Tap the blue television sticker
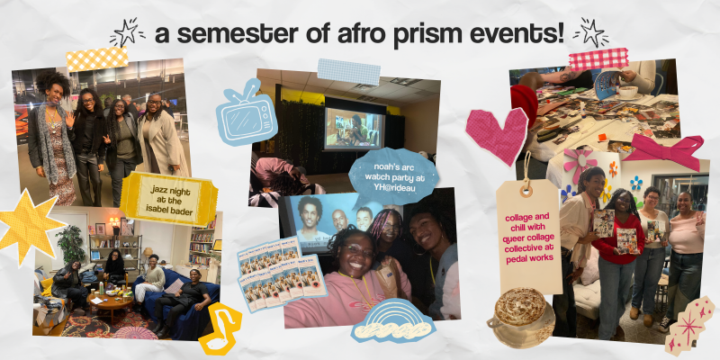pos(246,113)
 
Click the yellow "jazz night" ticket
pos(168,198)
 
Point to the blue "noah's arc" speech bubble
pos(394,176)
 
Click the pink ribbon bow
pos(664,149)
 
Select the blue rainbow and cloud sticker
pos(393,320)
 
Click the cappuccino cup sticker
pos(522,318)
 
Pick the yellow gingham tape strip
pos(97,58)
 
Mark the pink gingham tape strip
pos(598,58)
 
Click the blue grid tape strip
pos(349,71)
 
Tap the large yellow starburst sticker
pos(29,227)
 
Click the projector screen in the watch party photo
pos(355,129)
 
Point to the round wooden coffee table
pos(109,303)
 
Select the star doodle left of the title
pos(127,32)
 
